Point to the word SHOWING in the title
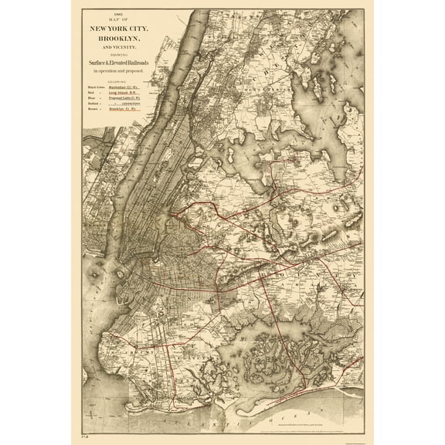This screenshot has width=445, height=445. [120, 55]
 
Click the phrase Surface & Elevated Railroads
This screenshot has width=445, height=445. [120, 63]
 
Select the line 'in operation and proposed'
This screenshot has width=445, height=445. [120, 72]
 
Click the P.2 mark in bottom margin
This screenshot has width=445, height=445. [87, 438]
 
